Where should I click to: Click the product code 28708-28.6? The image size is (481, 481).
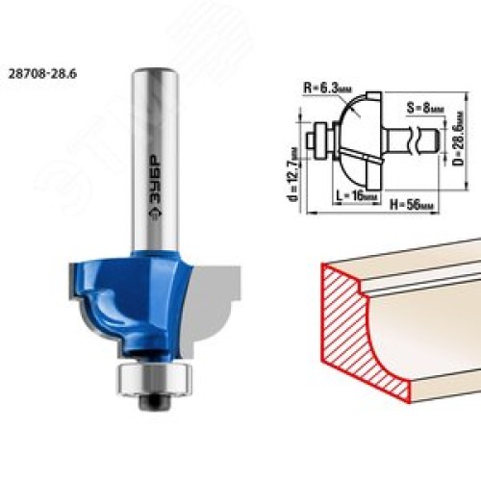point(42,74)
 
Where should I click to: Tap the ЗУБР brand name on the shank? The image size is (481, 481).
point(156,181)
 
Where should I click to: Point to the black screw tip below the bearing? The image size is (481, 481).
point(154,401)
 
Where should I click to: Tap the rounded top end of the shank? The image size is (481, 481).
point(155,71)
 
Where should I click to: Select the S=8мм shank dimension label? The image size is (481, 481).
point(425,108)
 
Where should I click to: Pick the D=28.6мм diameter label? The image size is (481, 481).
point(460,139)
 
